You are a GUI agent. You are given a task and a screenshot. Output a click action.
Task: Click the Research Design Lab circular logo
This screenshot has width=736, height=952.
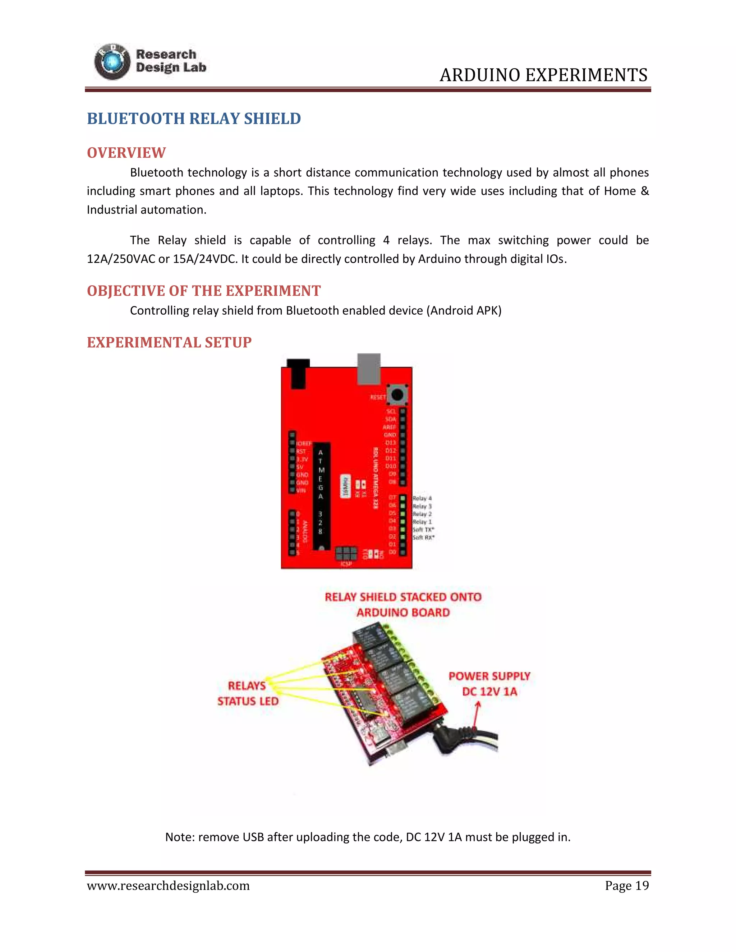112,62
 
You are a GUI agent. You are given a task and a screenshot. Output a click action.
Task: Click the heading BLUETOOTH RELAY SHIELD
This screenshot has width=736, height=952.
194,119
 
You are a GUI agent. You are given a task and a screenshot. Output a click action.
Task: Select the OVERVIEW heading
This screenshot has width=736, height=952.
126,153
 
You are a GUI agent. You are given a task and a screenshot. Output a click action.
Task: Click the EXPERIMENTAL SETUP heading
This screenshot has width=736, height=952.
169,343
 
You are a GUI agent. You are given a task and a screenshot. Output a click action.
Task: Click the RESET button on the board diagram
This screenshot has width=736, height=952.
397,395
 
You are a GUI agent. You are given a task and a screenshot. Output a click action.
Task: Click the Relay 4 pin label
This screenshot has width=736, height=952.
422,498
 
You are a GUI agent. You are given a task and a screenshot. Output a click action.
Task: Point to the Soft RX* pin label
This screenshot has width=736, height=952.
423,537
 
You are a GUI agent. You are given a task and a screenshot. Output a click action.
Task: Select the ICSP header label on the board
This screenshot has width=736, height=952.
346,564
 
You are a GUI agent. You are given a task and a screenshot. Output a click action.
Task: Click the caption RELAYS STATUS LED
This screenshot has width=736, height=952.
248,693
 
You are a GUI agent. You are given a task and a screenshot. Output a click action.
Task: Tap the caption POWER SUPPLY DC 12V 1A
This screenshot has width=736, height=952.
489,684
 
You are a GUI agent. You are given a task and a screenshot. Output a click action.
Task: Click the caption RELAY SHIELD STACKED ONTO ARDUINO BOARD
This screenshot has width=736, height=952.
403,605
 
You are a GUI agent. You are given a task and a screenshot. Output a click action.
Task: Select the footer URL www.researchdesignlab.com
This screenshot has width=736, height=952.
168,886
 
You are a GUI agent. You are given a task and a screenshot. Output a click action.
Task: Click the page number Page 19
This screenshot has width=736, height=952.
626,886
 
